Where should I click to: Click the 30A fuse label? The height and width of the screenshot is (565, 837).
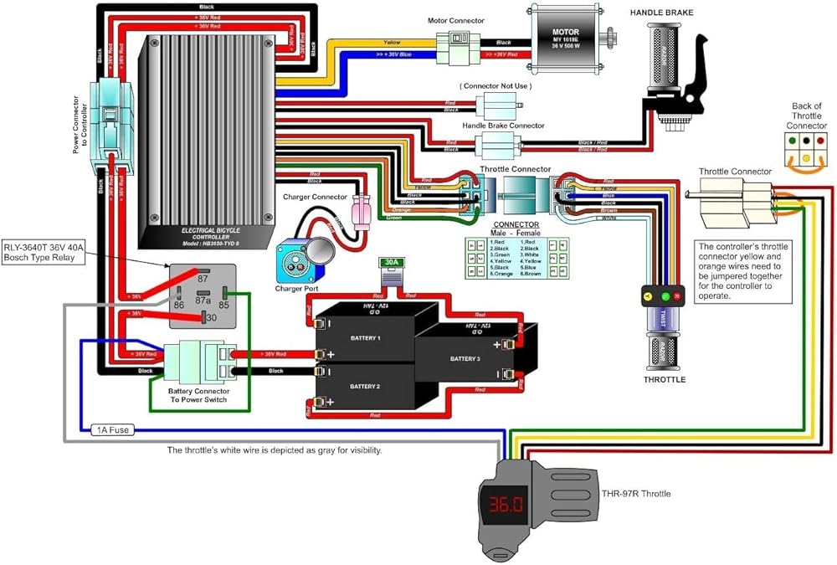(x=391, y=262)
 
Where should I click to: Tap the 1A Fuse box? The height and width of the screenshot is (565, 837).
(x=111, y=430)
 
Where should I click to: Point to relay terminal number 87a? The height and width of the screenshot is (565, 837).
(x=202, y=299)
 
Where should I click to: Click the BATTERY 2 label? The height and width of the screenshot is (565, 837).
(x=366, y=386)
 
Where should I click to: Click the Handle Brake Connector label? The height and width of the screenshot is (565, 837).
(x=503, y=126)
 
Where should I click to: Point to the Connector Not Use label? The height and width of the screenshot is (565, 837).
(x=496, y=86)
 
